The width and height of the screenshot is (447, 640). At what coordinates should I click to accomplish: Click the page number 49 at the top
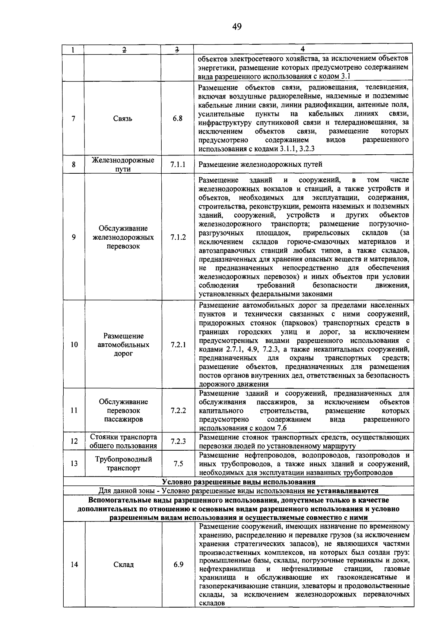click(237, 26)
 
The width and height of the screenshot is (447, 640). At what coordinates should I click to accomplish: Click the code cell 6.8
click(178, 119)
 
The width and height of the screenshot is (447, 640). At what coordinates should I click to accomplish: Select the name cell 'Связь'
click(123, 119)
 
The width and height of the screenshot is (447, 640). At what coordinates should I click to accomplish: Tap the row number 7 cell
click(74, 119)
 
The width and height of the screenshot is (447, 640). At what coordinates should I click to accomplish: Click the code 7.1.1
click(178, 164)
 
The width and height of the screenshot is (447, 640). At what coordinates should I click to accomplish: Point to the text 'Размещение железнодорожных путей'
click(260, 164)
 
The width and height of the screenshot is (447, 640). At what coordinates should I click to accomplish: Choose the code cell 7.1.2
click(178, 237)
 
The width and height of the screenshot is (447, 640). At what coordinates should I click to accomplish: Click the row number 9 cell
click(74, 237)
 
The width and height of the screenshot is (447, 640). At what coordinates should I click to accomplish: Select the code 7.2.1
click(178, 344)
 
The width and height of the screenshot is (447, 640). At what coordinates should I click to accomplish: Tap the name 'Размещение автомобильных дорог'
click(123, 344)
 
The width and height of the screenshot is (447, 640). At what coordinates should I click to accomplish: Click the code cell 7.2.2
click(178, 410)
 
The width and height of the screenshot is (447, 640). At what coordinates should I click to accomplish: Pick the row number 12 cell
click(74, 441)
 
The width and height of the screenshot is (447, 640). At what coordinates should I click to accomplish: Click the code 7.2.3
click(178, 441)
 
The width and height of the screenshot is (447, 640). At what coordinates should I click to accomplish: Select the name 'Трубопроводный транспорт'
click(123, 463)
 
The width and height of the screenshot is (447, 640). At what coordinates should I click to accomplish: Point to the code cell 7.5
click(178, 464)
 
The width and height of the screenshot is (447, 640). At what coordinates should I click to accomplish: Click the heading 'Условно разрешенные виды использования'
click(238, 482)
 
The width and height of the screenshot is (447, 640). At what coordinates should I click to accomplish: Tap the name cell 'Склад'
click(123, 564)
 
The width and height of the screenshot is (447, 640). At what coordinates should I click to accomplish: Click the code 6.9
click(178, 564)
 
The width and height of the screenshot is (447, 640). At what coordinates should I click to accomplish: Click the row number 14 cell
click(74, 564)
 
